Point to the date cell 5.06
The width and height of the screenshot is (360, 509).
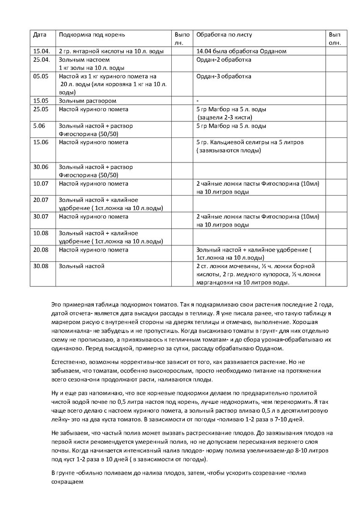pos(39,126)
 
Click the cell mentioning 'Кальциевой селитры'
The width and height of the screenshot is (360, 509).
pos(250,143)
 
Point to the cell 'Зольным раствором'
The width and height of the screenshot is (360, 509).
pos(87,101)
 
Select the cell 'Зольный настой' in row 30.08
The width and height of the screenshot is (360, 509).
pos(81,266)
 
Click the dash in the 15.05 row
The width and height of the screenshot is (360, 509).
pos(198,101)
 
